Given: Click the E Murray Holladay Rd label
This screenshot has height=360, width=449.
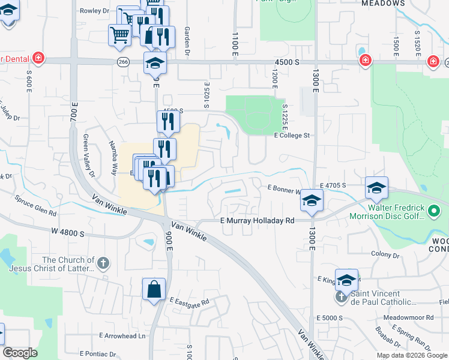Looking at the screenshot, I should tap(257, 221).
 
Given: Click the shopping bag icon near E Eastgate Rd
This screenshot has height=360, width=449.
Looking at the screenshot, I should tap(154, 289).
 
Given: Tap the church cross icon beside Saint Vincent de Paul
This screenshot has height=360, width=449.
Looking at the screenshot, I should tap(342, 296).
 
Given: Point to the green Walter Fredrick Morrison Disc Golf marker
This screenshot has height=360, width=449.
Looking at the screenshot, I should tap(435, 211).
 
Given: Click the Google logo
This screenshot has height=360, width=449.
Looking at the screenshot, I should tap(20, 352).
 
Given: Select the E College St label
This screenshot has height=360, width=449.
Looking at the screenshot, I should tap(291, 136).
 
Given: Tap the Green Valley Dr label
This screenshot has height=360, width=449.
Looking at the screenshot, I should tap(88, 155).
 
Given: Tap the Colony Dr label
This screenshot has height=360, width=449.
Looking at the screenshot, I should tap(385, 254).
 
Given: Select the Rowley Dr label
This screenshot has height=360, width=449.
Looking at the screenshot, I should tap(94, 11).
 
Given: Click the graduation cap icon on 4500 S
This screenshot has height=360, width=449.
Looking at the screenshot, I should tap(155, 62).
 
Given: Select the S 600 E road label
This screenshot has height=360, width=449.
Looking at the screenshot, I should tap(29, 81).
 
